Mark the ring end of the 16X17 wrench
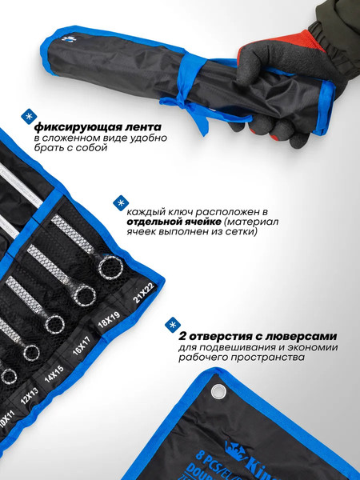pyautogui.click(x=54, y=323)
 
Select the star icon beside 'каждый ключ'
pyautogui.click(x=120, y=202)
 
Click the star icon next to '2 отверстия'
pyautogui.click(x=171, y=325)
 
